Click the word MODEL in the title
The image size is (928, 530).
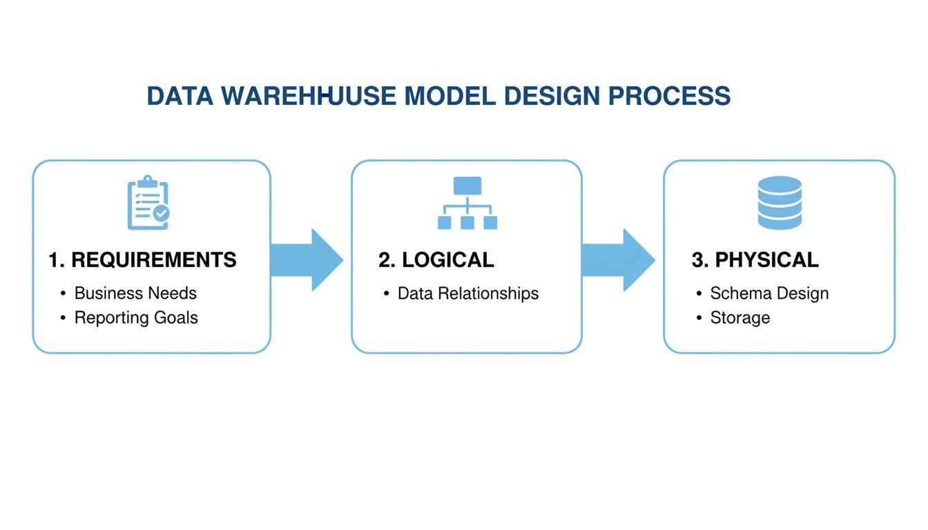tap(449, 96)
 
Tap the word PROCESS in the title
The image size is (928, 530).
tap(669, 96)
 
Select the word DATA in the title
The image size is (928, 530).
tap(180, 96)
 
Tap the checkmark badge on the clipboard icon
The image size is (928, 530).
tap(162, 214)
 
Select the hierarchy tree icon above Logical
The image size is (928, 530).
tap(467, 203)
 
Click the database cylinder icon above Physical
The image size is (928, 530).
tap(780, 203)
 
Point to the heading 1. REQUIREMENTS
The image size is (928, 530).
tap(142, 260)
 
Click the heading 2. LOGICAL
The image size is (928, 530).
tap(436, 260)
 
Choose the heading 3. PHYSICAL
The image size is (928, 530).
tap(755, 260)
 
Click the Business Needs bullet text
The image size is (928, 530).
tap(135, 293)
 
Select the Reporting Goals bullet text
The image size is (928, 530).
tap(136, 318)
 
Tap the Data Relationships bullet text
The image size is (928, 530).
tap(468, 293)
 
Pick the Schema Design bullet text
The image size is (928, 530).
tap(769, 293)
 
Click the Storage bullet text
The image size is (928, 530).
tap(739, 318)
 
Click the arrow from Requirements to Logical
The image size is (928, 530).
tap(308, 259)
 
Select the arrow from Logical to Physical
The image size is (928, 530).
tap(619, 259)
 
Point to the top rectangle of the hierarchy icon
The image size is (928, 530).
tap(467, 186)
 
